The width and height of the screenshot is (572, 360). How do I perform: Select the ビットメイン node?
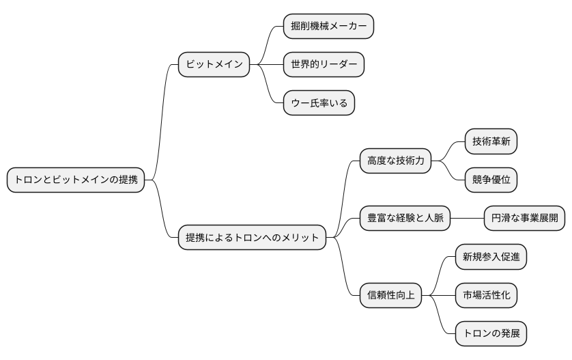pyautogui.click(x=214, y=65)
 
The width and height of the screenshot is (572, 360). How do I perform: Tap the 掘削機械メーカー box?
pyautogui.click(x=329, y=26)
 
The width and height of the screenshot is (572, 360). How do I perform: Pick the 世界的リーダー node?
pyautogui.click(x=324, y=65)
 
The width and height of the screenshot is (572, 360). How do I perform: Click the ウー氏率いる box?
pyautogui.click(x=319, y=104)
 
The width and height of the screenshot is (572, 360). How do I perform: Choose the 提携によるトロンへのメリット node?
pyautogui.click(x=252, y=238)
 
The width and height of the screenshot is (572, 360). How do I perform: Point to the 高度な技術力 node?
pyautogui.click(x=396, y=161)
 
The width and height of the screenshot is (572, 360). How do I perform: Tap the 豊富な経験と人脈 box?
pyautogui.click(x=405, y=219)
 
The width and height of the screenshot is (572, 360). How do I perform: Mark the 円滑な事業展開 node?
pyautogui.click(x=524, y=219)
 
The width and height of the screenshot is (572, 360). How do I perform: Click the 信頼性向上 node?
pyautogui.click(x=391, y=295)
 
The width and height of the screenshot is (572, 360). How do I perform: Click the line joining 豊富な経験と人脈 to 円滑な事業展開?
pyautogui.click(x=467, y=219)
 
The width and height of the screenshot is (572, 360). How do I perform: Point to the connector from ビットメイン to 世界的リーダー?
pyautogui.click(x=266, y=65)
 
